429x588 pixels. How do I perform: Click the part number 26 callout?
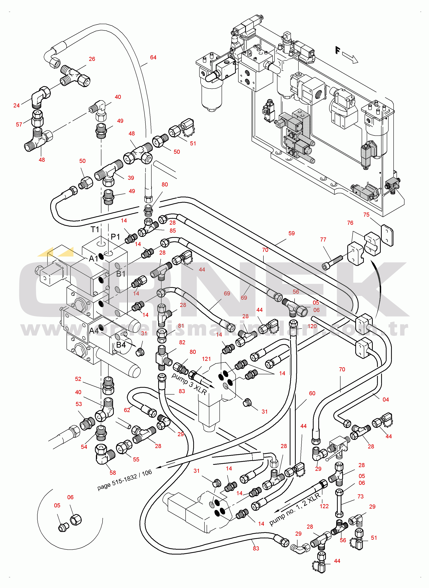(92, 59)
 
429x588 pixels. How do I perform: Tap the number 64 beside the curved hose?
(153, 57)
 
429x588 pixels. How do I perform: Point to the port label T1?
(95, 229)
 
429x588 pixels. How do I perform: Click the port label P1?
(115, 237)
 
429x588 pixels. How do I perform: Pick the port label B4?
(121, 345)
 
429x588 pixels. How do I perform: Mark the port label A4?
(94, 331)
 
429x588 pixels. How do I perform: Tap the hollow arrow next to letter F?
(350, 57)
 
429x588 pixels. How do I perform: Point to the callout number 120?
(312, 326)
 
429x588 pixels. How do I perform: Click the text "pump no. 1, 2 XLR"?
(295, 509)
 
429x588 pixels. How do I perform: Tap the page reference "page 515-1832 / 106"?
(125, 480)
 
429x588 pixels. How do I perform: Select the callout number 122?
(324, 506)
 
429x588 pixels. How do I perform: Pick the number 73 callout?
(361, 496)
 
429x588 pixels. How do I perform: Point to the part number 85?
(173, 231)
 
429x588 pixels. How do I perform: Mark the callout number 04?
(386, 399)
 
